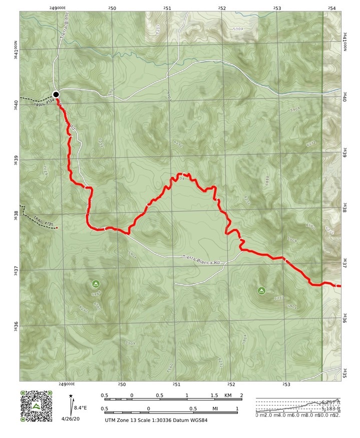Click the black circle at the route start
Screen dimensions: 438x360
[56, 94]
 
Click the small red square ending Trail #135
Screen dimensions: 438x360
[57, 228]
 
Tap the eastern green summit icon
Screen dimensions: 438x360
[261, 290]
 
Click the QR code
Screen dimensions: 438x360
[36, 405]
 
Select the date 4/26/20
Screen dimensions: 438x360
[71, 418]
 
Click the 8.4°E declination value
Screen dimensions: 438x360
[81, 408]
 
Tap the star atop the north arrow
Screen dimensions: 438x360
[71, 396]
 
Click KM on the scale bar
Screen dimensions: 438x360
[229, 395]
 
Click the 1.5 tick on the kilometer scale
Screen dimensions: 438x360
[214, 395]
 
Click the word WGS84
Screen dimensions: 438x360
[198, 420]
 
